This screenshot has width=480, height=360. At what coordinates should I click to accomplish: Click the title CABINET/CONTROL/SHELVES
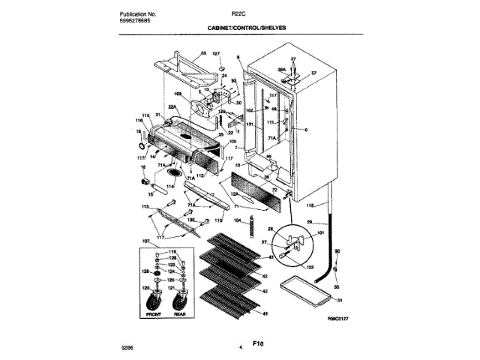(x=247, y=27)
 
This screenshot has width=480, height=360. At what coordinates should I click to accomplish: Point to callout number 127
(x=216, y=55)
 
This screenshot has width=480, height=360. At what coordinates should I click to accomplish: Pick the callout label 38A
(x=283, y=68)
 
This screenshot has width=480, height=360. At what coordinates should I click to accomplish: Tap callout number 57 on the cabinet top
(x=315, y=73)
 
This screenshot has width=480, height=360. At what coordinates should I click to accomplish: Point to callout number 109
(x=178, y=94)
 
